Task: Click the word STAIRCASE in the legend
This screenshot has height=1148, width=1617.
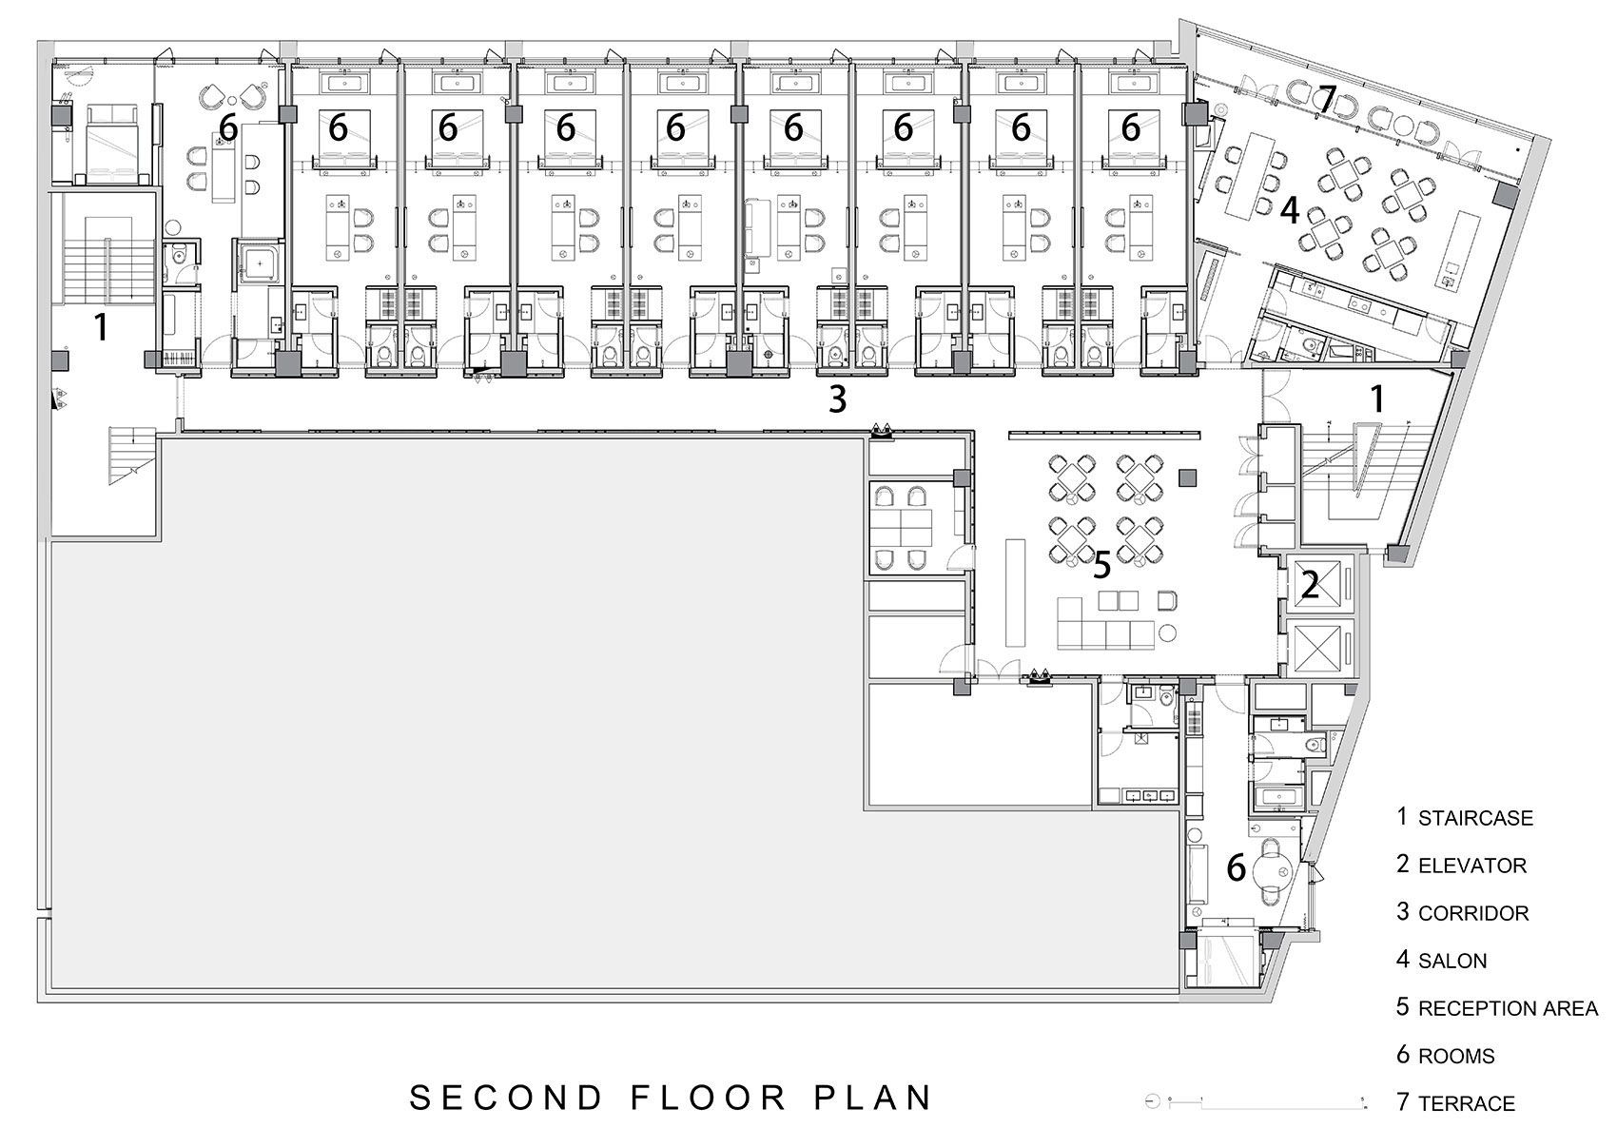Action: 1475,818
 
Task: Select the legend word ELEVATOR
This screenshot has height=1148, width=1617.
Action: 1472,866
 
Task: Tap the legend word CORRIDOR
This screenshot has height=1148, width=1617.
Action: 1473,913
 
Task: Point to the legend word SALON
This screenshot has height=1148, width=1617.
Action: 1452,961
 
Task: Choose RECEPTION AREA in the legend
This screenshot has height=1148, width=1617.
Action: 1508,1008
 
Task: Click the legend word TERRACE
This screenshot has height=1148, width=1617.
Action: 1466,1103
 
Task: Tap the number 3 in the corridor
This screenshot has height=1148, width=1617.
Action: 837,399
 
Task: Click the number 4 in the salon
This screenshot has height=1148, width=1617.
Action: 1289,210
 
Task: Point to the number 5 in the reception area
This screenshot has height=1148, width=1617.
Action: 1101,565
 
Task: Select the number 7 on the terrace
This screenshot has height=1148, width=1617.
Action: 1328,99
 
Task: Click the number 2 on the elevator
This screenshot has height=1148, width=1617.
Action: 1310,585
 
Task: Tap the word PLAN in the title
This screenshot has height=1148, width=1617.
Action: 873,1099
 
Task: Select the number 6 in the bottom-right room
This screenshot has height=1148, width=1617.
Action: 1236,867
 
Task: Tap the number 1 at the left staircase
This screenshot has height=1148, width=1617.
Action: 101,327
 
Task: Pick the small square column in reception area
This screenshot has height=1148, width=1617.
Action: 1187,477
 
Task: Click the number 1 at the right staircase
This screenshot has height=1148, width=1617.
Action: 1377,399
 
